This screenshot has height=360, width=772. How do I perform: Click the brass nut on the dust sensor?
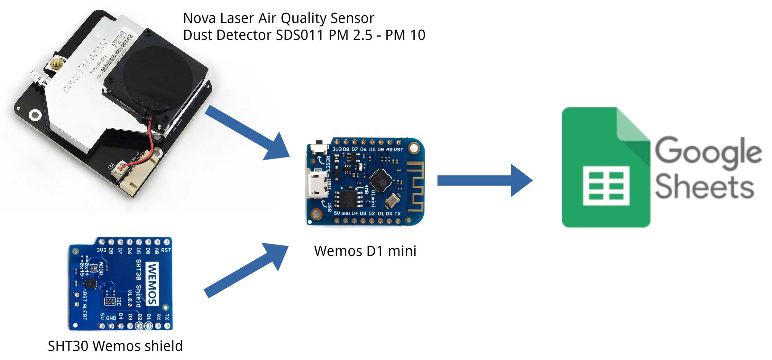(x=57, y=63)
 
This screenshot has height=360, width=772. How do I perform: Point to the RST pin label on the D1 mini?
(x=398, y=150)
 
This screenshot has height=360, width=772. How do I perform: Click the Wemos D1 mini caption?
(x=365, y=251)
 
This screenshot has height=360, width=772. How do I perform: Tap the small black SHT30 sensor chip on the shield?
(x=91, y=284)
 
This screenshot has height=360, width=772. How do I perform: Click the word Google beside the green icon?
(x=708, y=151)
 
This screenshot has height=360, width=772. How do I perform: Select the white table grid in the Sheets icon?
(x=606, y=186)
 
